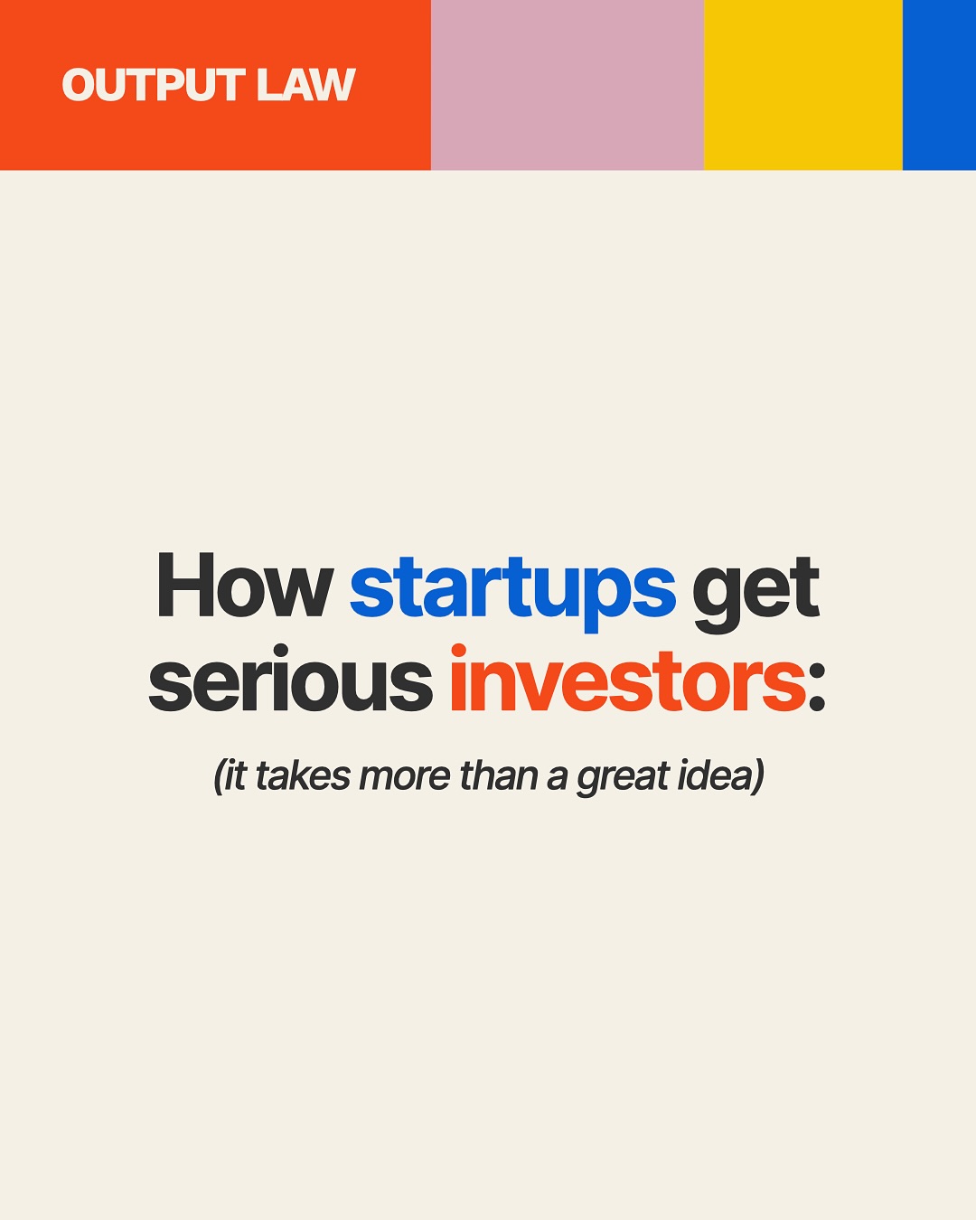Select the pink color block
[567, 85]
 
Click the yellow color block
[802, 85]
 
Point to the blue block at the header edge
[939, 85]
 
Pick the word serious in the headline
[290, 681]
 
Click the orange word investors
[627, 681]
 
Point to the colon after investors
[816, 690]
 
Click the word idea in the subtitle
[710, 776]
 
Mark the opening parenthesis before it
[218, 777]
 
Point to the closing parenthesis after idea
[757, 777]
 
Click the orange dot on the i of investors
[458, 651]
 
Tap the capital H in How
[178, 587]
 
